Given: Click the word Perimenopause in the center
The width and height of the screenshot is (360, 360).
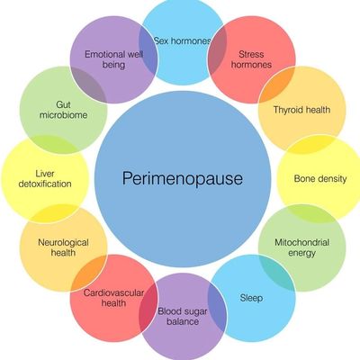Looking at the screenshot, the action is pyautogui.click(x=183, y=178).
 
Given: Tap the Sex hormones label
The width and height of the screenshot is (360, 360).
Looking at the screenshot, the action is pyautogui.click(x=183, y=40).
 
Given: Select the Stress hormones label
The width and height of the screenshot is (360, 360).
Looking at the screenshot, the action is pyautogui.click(x=251, y=59).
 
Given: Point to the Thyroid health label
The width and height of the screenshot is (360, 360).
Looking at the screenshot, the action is pyautogui.click(x=301, y=110).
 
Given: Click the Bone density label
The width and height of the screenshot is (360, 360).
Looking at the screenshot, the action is pyautogui.click(x=320, y=179).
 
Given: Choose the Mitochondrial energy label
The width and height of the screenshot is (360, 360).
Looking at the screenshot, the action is pyautogui.click(x=302, y=247).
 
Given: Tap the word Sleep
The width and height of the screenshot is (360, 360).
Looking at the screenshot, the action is pyautogui.click(x=251, y=298).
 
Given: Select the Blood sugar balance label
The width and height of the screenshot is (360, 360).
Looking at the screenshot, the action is pyautogui.click(x=183, y=317).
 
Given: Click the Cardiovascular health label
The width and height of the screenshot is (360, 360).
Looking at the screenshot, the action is pyautogui.click(x=113, y=298).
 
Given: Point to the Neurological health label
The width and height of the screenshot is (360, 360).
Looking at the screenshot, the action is pyautogui.click(x=63, y=247).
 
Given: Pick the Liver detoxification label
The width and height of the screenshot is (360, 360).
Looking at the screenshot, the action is pyautogui.click(x=45, y=179).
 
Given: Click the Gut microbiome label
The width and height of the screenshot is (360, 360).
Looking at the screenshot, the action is pyautogui.click(x=64, y=110).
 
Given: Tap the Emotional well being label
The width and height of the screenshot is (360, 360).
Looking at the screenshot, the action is pyautogui.click(x=113, y=59).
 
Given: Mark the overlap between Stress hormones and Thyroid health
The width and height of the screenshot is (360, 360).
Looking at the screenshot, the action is pyautogui.click(x=276, y=85).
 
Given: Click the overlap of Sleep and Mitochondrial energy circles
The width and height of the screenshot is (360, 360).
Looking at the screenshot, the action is pyautogui.click(x=276, y=273).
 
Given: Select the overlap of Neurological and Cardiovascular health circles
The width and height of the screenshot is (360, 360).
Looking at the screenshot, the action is pyautogui.click(x=89, y=273).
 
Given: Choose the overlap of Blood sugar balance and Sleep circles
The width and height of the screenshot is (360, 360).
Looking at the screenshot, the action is pyautogui.click(x=217, y=308).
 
